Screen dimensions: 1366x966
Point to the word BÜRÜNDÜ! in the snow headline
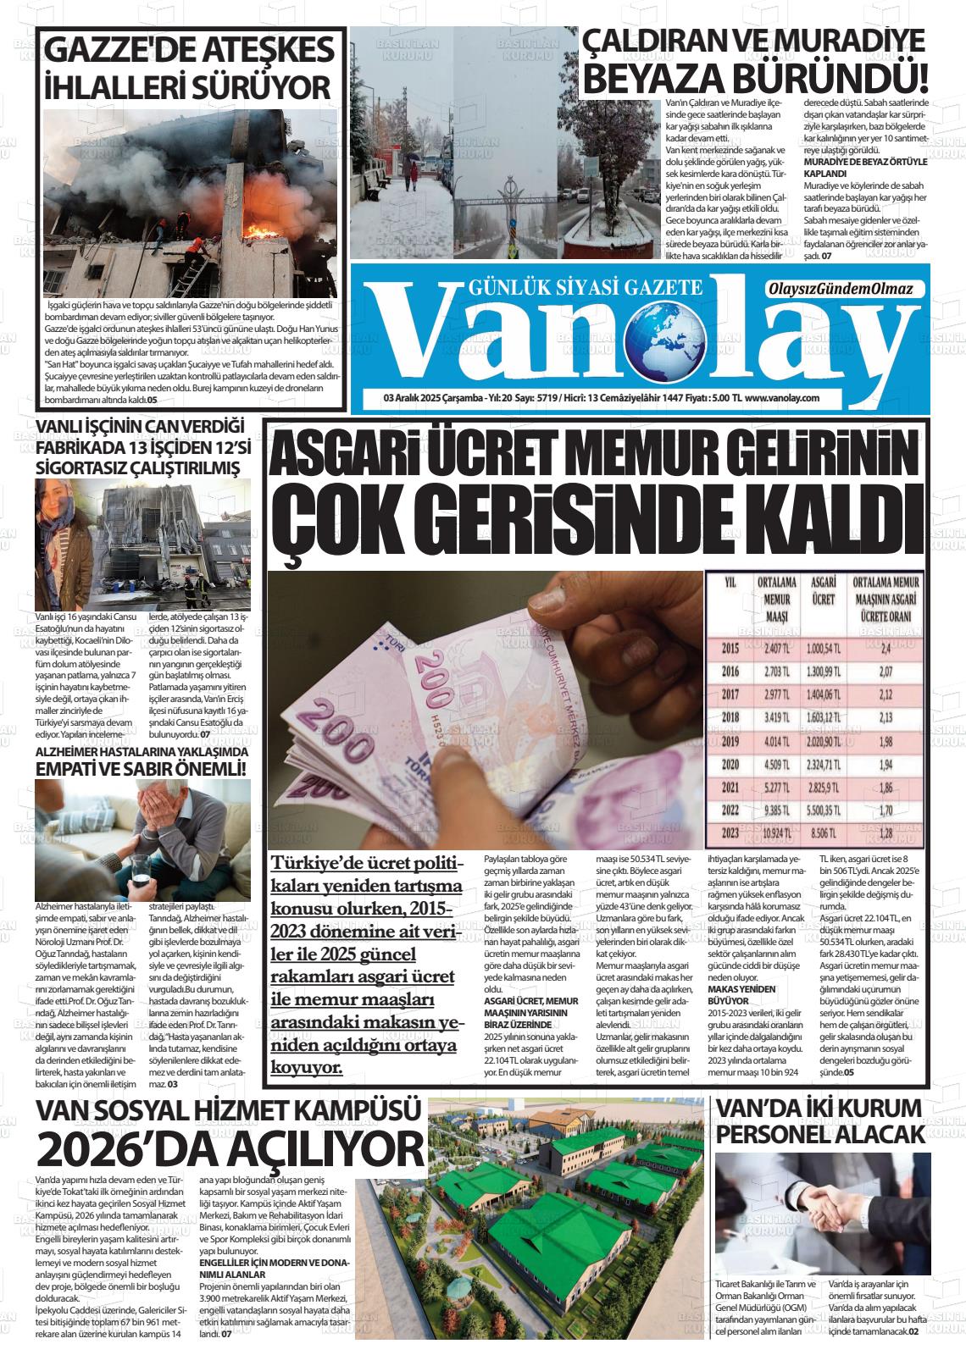tap(839, 80)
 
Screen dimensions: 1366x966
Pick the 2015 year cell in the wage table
tap(730, 649)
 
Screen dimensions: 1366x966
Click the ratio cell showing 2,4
tap(885, 649)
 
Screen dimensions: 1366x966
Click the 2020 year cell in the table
tap(730, 763)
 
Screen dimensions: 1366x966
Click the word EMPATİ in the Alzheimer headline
tap(75, 768)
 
